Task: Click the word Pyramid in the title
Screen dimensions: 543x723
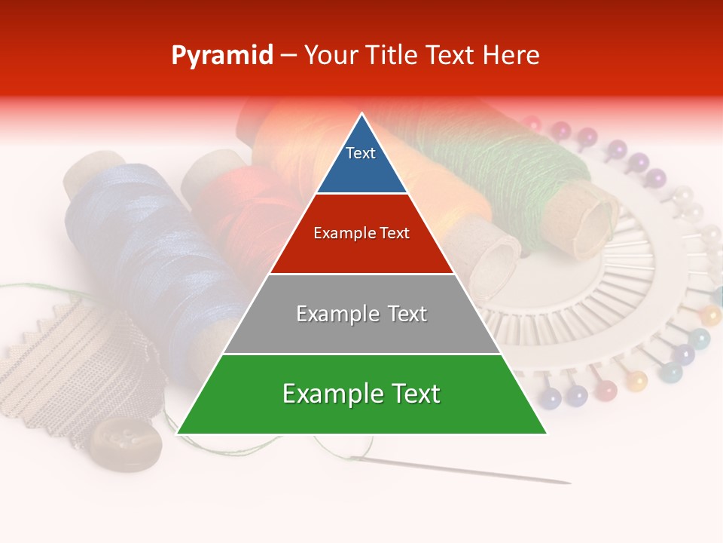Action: pyautogui.click(x=221, y=56)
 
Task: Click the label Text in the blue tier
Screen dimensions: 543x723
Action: pyautogui.click(x=361, y=153)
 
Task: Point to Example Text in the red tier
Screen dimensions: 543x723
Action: pyautogui.click(x=361, y=233)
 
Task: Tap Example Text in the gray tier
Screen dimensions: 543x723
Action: pyautogui.click(x=361, y=314)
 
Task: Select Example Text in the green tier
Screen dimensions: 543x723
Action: pyautogui.click(x=361, y=394)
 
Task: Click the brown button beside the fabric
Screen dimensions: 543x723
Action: pyautogui.click(x=127, y=443)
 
